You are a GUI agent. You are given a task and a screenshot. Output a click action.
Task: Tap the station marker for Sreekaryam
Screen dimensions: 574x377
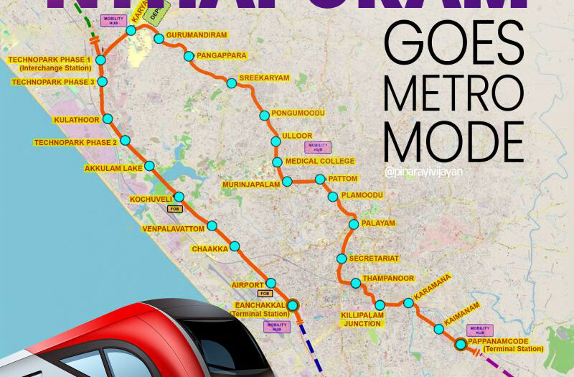pos(231,83)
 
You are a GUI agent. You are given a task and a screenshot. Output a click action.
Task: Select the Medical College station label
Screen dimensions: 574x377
pos(320,162)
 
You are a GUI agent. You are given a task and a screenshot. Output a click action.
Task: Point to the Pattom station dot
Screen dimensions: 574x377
pos(320,179)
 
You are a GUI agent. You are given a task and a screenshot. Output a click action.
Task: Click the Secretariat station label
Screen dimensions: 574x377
pos(373,258)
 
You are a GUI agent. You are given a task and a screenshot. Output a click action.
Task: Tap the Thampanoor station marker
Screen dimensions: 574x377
pos(355,283)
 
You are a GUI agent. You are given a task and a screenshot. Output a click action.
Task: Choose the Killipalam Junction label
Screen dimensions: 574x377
pos(362,319)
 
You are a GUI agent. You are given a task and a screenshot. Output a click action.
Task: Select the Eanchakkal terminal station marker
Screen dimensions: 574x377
pos(293,304)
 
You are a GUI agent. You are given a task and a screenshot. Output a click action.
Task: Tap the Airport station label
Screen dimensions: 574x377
pos(248,285)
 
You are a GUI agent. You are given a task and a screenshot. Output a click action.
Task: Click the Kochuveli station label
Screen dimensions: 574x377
pos(151,199)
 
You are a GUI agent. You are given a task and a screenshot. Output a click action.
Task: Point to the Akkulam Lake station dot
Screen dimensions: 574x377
pos(149,166)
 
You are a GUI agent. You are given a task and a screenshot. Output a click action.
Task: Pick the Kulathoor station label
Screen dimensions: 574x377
pos(76,120)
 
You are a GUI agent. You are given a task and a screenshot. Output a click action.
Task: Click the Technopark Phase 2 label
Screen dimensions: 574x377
pos(75,143)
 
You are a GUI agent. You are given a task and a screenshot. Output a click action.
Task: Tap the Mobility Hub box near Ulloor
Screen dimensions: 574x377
pos(316,147)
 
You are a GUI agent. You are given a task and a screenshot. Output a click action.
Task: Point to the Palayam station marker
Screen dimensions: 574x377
pos(353,224)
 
